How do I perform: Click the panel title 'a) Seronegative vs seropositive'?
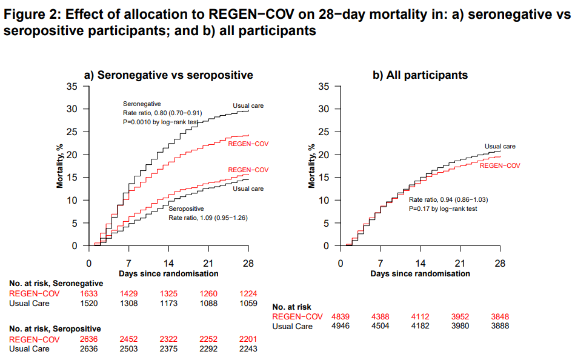168,75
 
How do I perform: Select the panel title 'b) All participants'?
420,75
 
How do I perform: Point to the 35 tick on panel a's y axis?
72,86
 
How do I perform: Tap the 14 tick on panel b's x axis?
420,264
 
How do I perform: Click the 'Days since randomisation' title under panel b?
420,274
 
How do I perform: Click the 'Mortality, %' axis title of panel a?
61,165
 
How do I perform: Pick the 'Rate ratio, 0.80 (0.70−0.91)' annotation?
162,113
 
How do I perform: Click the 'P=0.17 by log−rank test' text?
443,208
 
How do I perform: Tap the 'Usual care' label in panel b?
500,146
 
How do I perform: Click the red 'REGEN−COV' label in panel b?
500,165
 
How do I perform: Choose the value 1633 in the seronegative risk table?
89,293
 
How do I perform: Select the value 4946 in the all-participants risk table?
341,326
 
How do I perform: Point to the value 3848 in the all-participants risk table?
500,316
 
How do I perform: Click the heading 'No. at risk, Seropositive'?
55,328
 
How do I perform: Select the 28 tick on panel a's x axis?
248,264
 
